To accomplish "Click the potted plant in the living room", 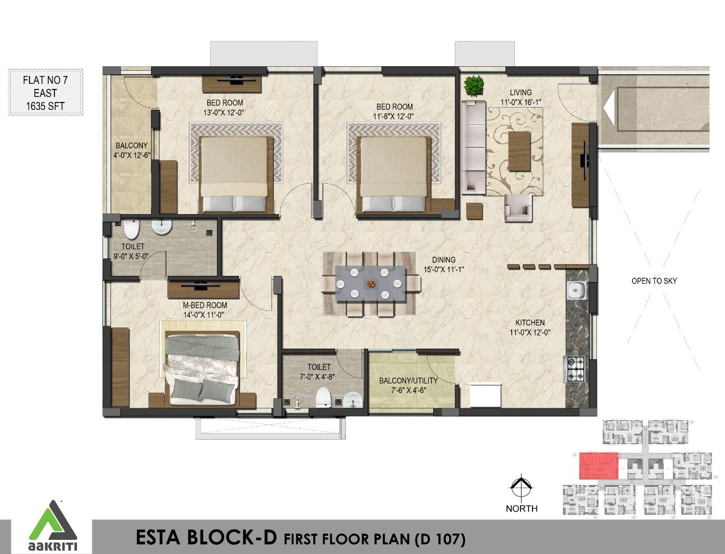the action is pos(474,86).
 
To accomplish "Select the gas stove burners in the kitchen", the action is pos(575,368).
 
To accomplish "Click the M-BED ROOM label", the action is pos(205,305).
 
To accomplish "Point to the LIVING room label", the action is pos(521,92).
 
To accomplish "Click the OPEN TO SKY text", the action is pos(654,281).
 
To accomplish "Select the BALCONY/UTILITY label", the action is pos(408,381).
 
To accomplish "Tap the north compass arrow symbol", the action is pos(521,486).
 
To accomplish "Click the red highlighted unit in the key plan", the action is pos(599,466).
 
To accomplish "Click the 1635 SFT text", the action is pos(45,106).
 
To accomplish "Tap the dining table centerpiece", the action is pos(371,283).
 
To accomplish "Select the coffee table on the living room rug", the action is pos(519,151).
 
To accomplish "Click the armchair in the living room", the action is pos(518,207).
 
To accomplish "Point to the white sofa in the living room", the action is pos(474,147).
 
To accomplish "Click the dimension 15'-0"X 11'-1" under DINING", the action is pos(443,270).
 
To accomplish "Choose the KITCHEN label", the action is pos(530,322).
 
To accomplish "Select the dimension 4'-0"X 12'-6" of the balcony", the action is pos(131,155).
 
